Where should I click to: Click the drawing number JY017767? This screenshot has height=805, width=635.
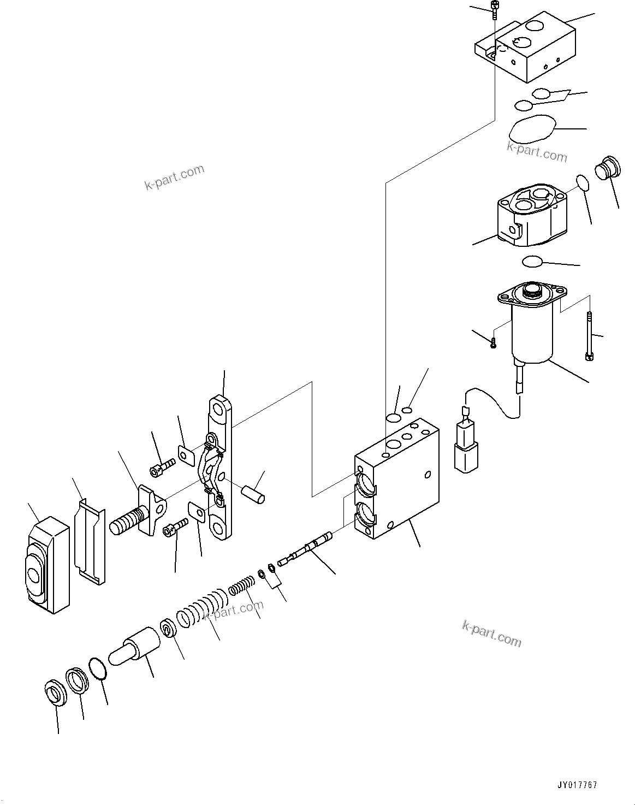click(577, 785)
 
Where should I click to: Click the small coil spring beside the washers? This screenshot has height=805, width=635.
click(241, 587)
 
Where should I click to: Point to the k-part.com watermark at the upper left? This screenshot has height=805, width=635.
click(174, 177)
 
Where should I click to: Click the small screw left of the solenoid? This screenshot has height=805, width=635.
click(493, 343)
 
